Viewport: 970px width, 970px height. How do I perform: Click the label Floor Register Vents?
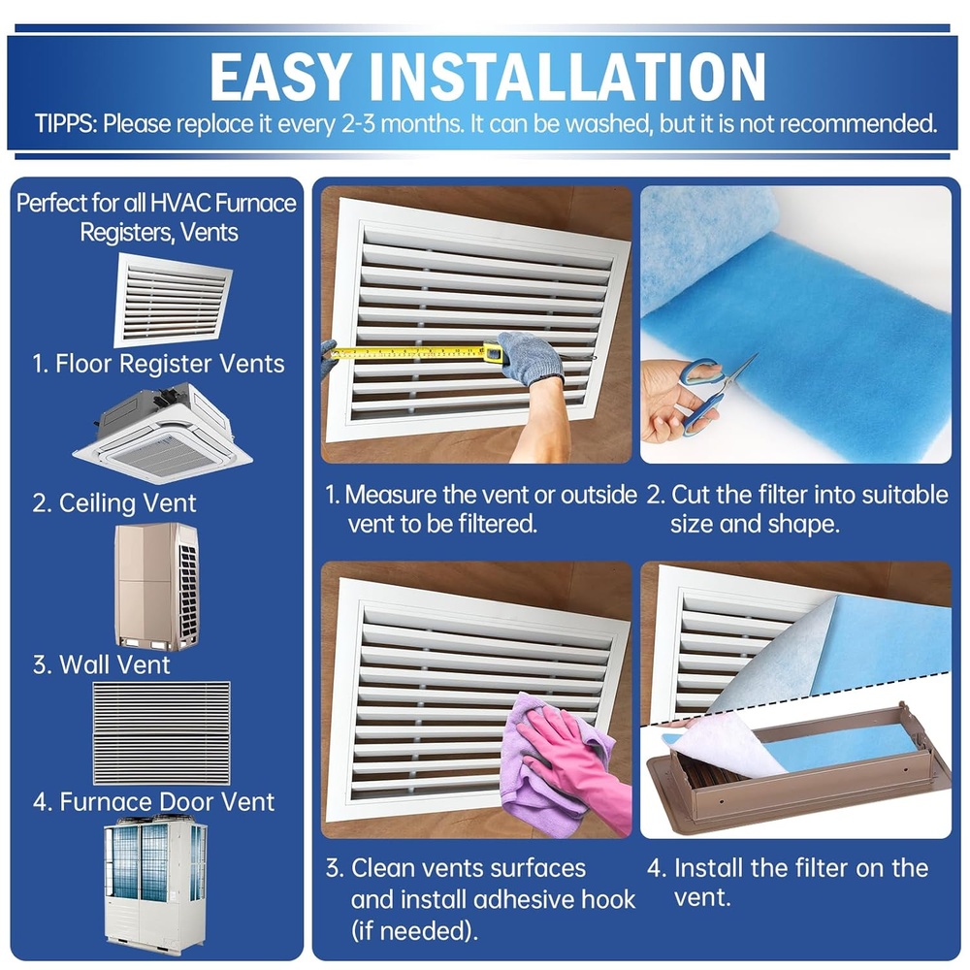[158, 365]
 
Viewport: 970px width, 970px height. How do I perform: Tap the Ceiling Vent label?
[113, 503]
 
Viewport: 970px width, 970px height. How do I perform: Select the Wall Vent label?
[101, 665]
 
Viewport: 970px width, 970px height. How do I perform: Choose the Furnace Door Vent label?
[153, 802]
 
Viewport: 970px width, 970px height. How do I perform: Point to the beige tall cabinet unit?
[156, 586]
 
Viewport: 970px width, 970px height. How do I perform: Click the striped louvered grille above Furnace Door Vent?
[160, 732]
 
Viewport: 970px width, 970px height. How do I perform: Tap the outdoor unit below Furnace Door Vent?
[155, 889]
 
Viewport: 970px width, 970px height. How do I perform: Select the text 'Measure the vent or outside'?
[491, 495]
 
